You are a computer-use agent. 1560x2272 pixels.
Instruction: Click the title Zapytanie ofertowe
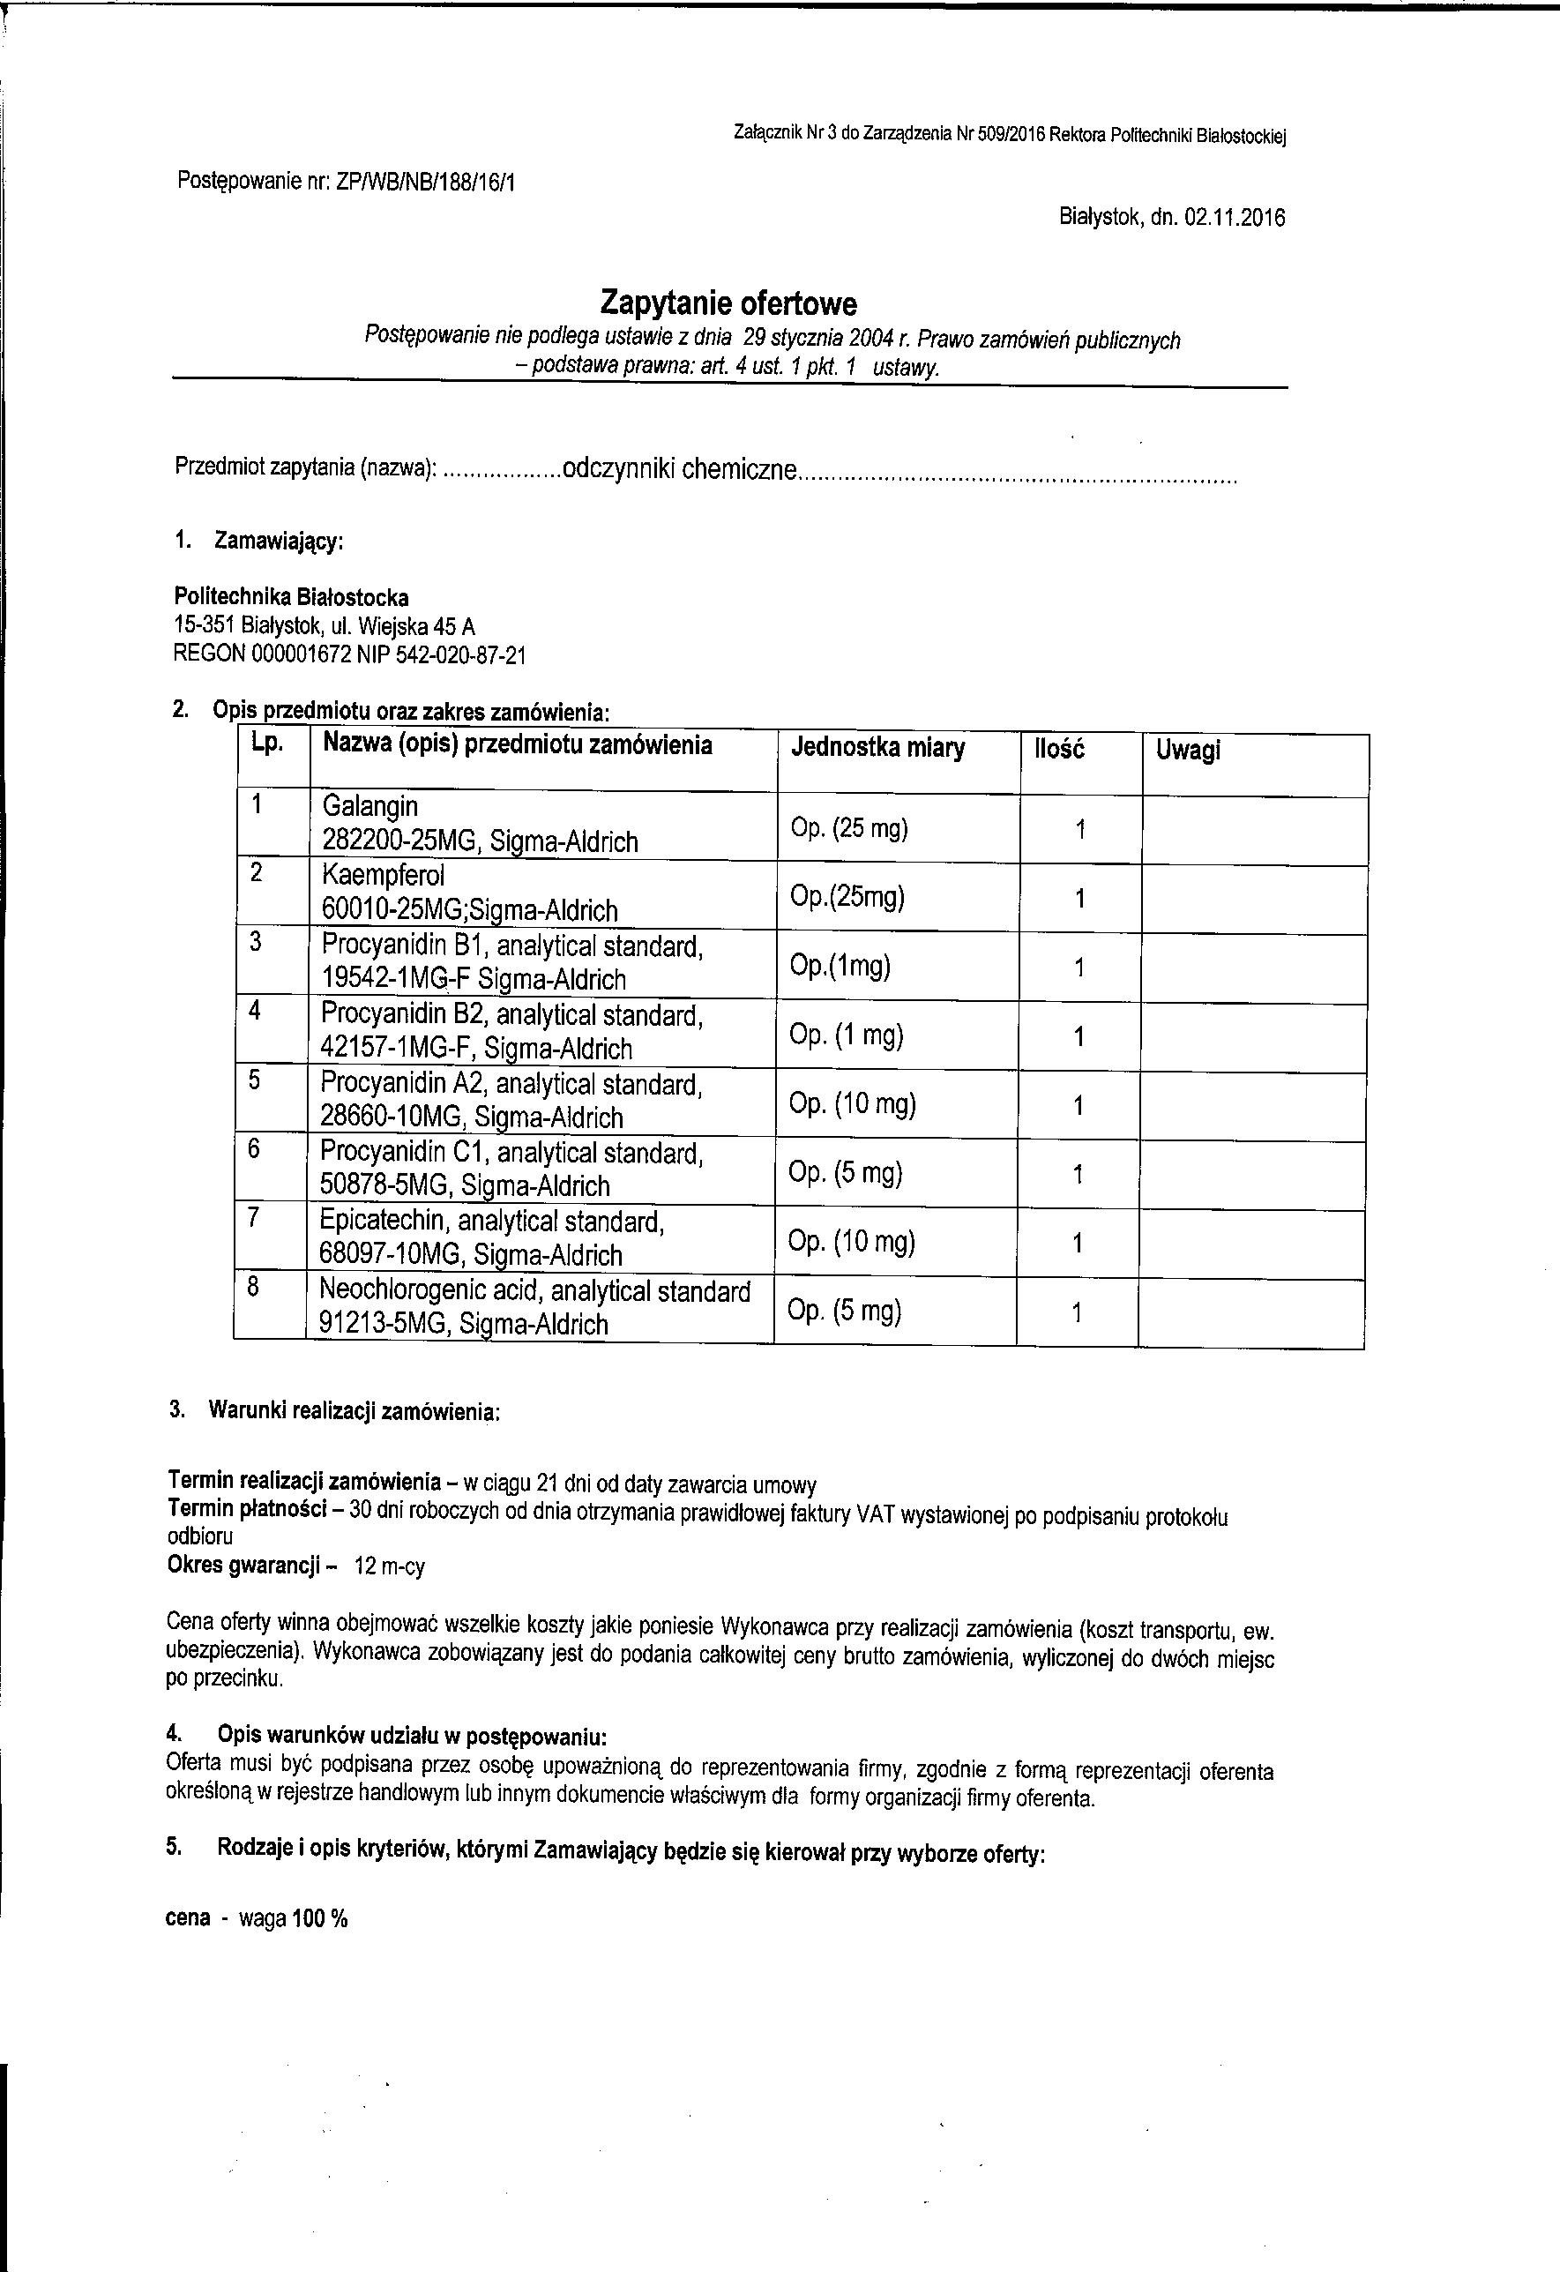click(x=728, y=304)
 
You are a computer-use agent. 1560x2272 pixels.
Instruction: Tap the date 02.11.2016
click(x=1234, y=217)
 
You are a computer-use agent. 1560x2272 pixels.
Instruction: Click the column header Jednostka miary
click(x=877, y=749)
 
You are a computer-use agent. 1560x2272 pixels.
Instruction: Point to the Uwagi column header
click(x=1188, y=751)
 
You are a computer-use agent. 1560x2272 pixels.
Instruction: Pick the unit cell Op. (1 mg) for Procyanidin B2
click(x=846, y=1035)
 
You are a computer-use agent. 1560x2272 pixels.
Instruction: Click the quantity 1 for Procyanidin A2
click(x=1079, y=1106)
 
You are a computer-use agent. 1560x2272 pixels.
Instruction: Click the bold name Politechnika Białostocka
click(x=291, y=597)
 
